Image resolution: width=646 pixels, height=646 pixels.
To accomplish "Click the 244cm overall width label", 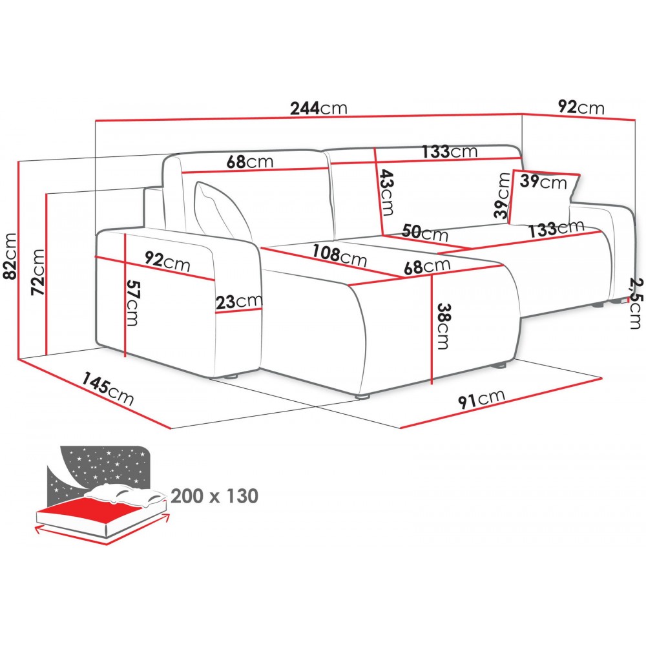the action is [319, 108].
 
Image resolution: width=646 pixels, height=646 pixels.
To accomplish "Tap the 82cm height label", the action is [10, 256].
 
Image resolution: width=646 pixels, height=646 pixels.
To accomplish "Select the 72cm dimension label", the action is [38, 272].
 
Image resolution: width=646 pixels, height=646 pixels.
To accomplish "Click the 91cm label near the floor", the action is [482, 399].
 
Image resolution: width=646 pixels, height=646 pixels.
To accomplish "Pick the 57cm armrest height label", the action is [133, 303].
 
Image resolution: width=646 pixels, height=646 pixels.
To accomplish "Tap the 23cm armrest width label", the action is [239, 302].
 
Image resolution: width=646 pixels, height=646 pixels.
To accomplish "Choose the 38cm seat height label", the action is [444, 326].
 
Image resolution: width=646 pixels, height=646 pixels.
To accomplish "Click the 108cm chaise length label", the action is [339, 256].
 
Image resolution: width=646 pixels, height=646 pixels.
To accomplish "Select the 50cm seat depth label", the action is [425, 233].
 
